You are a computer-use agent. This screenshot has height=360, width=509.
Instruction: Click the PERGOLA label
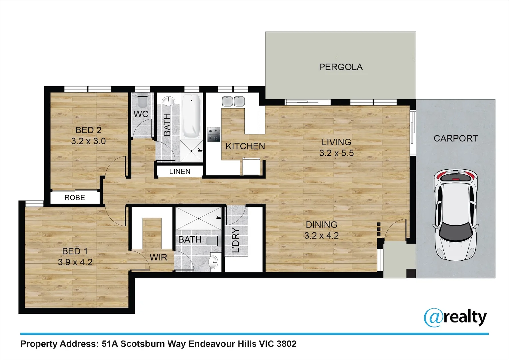pyautogui.click(x=341, y=67)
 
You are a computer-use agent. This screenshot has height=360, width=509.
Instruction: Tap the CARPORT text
pyautogui.click(x=455, y=138)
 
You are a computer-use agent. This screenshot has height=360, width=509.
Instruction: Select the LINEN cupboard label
pyautogui.click(x=180, y=171)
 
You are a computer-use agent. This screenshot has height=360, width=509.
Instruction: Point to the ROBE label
pyautogui.click(x=75, y=198)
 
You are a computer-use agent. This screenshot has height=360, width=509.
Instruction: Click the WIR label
pyautogui.click(x=158, y=257)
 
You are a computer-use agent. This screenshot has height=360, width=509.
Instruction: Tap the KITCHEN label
pyautogui.click(x=245, y=146)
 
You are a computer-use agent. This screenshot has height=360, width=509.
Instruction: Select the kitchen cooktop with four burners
pyautogui.click(x=214, y=134)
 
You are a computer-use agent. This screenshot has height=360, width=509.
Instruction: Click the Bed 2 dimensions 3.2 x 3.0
pyautogui.click(x=88, y=141)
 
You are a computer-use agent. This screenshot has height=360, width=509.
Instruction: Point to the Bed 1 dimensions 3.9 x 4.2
pyautogui.click(x=75, y=262)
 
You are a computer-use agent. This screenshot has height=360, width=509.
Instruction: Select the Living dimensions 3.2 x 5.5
pyautogui.click(x=336, y=153)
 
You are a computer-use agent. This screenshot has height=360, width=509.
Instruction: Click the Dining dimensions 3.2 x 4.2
pyautogui.click(x=321, y=236)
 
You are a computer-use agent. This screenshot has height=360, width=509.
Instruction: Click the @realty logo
pyautogui.click(x=455, y=317)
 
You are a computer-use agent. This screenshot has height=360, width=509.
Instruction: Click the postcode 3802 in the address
pyautogui.click(x=286, y=344)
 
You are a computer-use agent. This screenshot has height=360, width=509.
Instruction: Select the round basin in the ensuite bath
pyautogui.click(x=213, y=262)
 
